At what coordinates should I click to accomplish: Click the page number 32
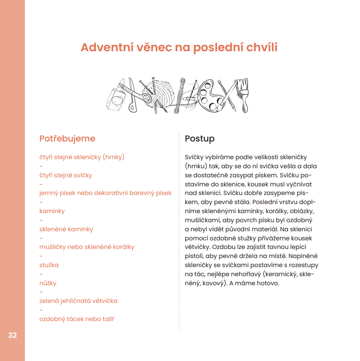click(12, 336)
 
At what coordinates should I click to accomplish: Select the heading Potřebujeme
click(67, 138)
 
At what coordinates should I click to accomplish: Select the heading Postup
click(199, 138)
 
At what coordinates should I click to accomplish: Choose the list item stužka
click(49, 265)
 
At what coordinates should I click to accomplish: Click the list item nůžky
click(48, 283)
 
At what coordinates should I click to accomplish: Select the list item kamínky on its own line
click(52, 211)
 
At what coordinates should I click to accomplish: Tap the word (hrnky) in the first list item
click(113, 157)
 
